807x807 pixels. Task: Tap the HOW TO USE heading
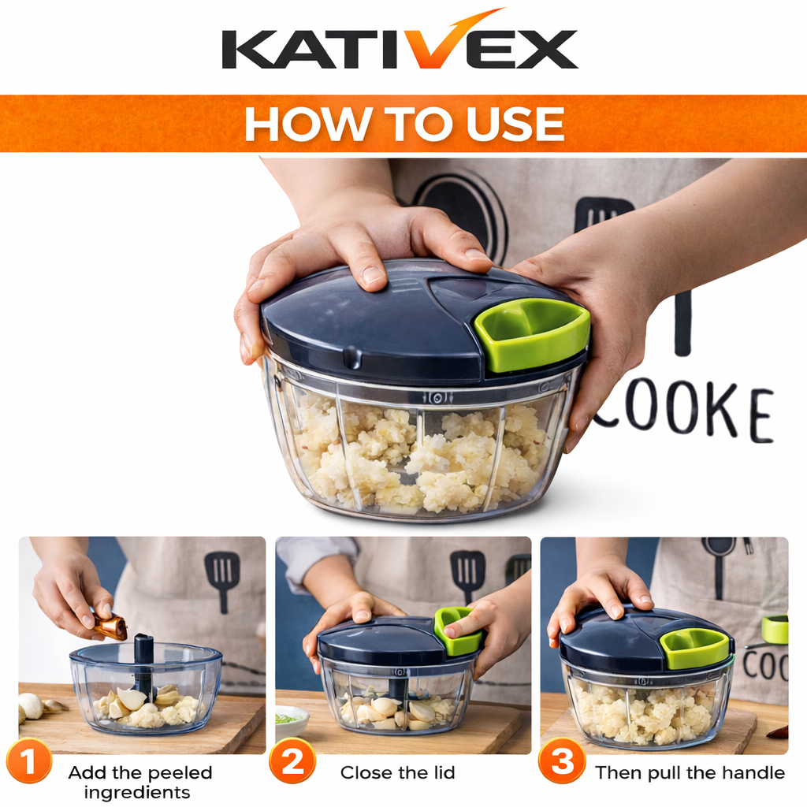click(403, 124)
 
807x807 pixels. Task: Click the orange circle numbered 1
click(28, 763)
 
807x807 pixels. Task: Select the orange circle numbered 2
click(292, 763)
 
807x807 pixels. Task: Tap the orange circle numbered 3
click(562, 763)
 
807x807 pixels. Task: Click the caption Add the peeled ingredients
click(140, 782)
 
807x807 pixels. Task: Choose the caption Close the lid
click(397, 772)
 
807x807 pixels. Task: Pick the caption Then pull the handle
click(690, 772)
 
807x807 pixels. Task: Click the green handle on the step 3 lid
click(694, 647)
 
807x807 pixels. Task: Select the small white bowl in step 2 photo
click(292, 720)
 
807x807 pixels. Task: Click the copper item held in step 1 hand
click(111, 627)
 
